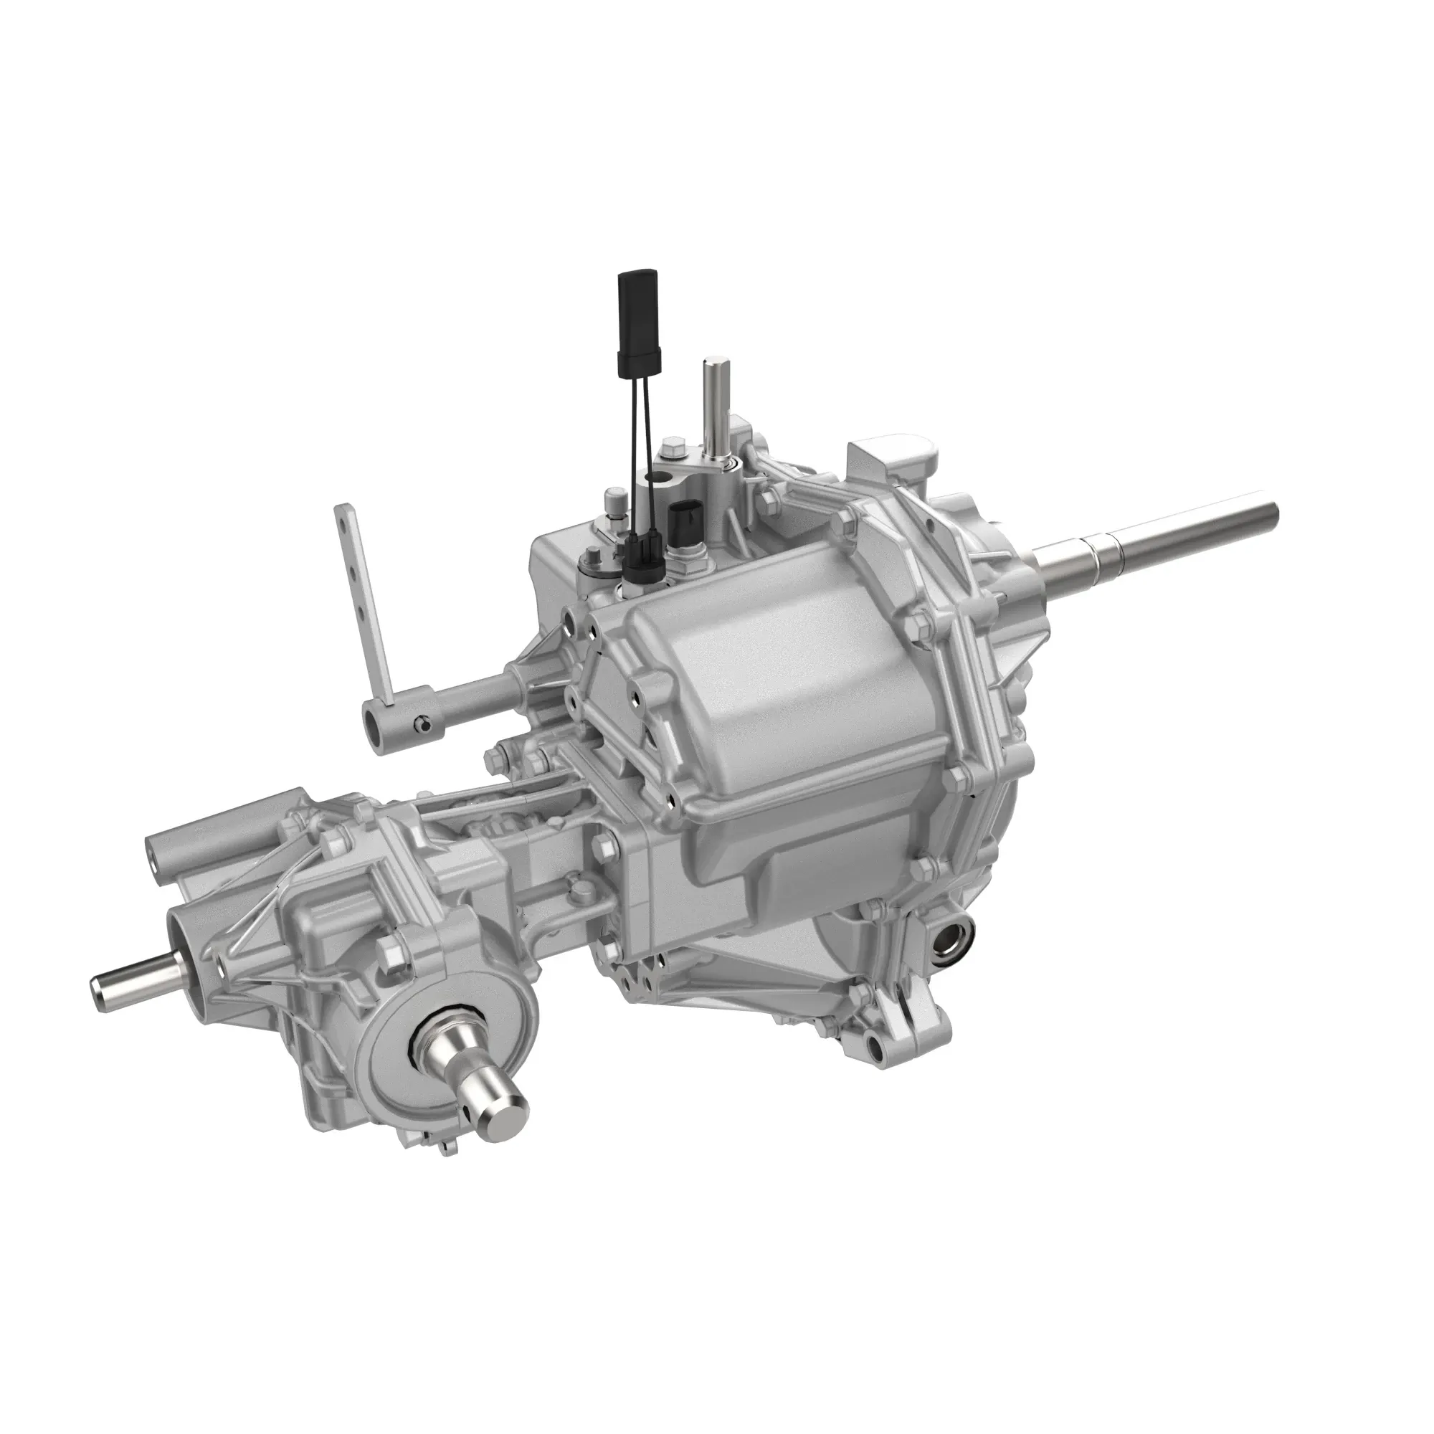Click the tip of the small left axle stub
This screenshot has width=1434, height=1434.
(x=98, y=985)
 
